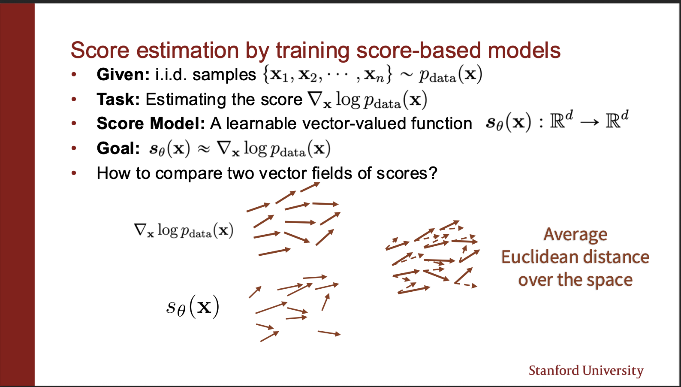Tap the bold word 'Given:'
point(123,75)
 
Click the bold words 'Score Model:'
point(151,124)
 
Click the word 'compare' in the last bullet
point(189,173)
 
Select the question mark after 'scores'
point(433,173)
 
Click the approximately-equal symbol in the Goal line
point(203,149)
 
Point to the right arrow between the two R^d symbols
point(590,122)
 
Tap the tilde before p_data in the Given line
point(407,75)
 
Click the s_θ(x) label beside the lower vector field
point(193,307)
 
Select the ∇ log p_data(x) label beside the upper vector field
point(184,230)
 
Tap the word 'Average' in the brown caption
point(575,235)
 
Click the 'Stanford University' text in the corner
point(586,371)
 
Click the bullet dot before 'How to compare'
point(74,173)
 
